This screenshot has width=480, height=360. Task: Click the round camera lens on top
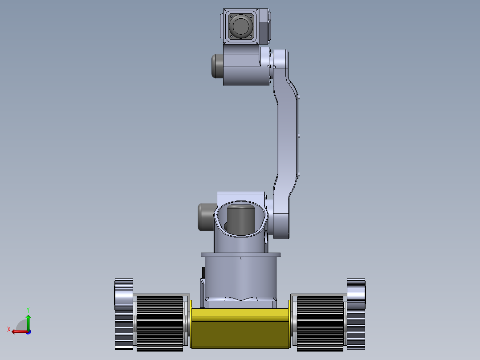click(241, 26)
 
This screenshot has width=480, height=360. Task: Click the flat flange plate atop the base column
click(241, 255)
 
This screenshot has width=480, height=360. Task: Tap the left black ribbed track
click(159, 322)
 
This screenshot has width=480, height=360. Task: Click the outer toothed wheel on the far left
click(124, 314)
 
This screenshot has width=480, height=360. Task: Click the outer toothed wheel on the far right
click(356, 314)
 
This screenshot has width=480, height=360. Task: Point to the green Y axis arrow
click(28, 322)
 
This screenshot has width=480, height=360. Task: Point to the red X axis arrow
click(18, 331)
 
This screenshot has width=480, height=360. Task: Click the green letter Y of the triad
click(28, 309)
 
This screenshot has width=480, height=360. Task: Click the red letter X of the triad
click(8, 329)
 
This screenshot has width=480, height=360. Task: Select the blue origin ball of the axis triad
click(28, 331)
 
